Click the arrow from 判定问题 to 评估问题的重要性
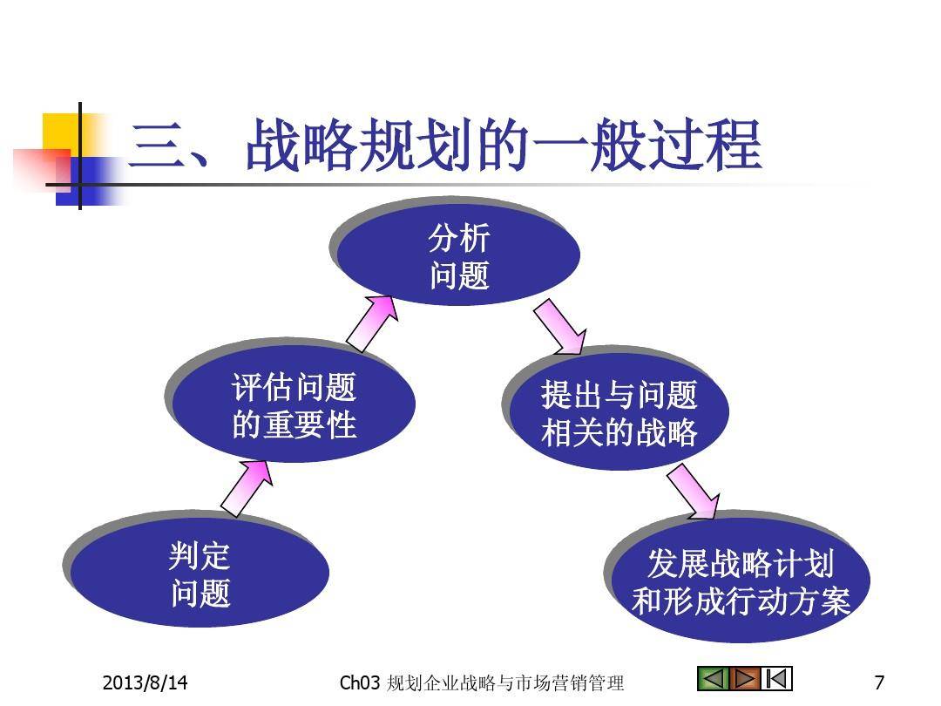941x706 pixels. point(247,488)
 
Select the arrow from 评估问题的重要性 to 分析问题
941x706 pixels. point(372,323)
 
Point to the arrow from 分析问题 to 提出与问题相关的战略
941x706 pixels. point(560,327)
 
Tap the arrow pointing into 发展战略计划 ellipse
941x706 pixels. point(694,491)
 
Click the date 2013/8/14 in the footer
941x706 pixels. point(145,682)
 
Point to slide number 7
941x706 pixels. point(879,682)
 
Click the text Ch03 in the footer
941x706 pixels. point(360,682)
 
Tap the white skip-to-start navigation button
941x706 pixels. point(776,679)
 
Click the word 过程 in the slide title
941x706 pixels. point(706,145)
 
